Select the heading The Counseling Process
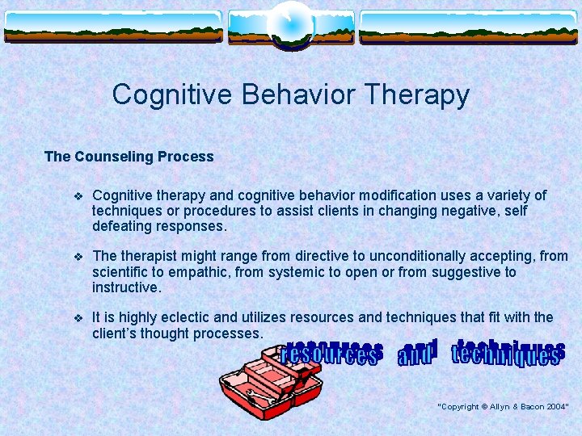(129, 157)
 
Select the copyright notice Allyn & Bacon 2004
(503, 406)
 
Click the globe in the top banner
(290, 22)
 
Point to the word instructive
(126, 287)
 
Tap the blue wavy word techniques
(506, 353)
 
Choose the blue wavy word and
(415, 353)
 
